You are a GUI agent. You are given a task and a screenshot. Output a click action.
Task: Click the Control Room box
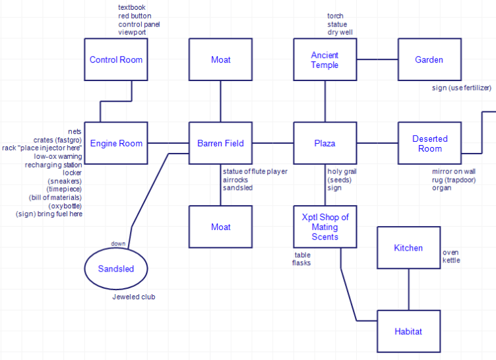click(x=116, y=59)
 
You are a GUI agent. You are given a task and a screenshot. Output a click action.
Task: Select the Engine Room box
click(x=116, y=143)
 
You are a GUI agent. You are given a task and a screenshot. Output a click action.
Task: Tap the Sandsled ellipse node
click(x=116, y=268)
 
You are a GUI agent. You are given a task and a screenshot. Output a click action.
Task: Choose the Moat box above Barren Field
click(x=220, y=59)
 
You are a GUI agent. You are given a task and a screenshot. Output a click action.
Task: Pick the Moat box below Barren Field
click(x=220, y=227)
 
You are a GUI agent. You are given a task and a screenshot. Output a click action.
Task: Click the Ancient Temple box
click(x=325, y=59)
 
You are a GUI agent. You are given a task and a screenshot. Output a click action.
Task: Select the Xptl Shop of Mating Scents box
click(x=325, y=227)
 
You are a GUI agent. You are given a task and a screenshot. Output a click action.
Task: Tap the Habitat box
click(x=408, y=331)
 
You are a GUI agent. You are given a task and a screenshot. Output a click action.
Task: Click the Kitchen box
click(x=408, y=247)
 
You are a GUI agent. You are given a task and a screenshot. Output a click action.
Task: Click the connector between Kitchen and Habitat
click(x=408, y=289)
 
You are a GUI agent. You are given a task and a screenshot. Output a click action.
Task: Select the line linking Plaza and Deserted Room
click(x=377, y=143)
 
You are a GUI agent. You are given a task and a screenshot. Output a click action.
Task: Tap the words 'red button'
click(x=135, y=16)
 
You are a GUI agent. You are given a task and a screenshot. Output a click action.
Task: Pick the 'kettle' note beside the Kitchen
click(x=451, y=260)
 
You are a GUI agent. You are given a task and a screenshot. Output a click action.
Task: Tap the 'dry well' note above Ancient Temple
click(x=340, y=32)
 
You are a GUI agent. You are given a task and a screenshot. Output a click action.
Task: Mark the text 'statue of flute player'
click(x=255, y=171)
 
